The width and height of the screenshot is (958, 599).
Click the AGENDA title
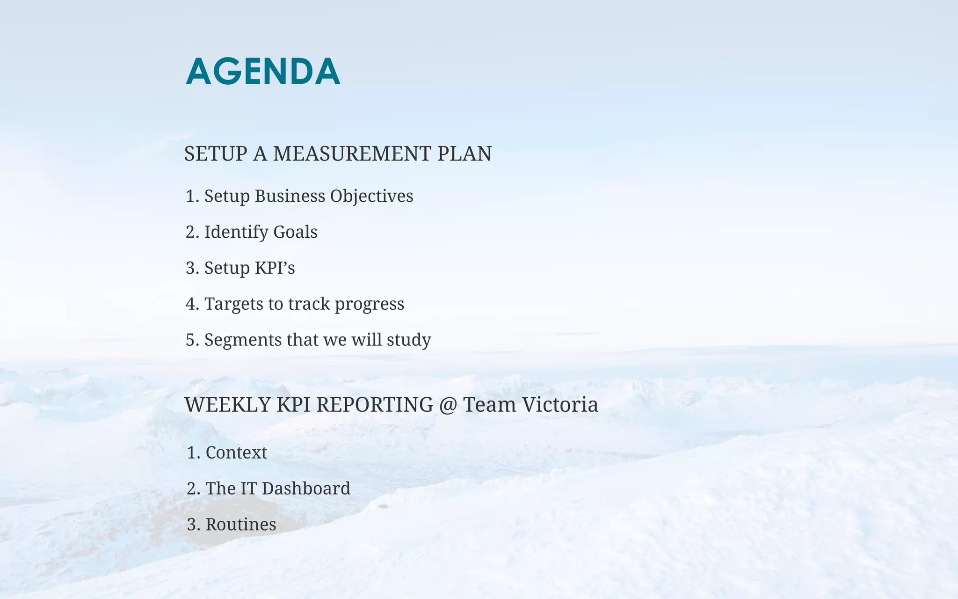(x=263, y=72)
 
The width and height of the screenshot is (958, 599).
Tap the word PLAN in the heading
(x=464, y=154)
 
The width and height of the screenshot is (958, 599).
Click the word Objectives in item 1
(x=371, y=196)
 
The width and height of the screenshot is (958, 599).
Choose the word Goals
(x=295, y=232)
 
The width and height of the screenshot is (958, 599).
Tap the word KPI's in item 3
(x=275, y=268)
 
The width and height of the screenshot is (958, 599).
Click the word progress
(x=369, y=304)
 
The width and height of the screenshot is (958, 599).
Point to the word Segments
(x=243, y=340)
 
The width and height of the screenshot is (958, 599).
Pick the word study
(x=409, y=340)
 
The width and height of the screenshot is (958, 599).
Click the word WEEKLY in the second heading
(x=227, y=405)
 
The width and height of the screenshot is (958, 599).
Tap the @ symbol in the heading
(x=448, y=405)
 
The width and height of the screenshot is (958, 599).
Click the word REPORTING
(x=374, y=405)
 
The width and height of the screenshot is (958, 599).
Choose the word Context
(x=236, y=453)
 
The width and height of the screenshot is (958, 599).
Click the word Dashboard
(x=306, y=489)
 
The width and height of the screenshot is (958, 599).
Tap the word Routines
(x=241, y=525)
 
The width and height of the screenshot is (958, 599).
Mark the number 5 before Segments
(x=190, y=340)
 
